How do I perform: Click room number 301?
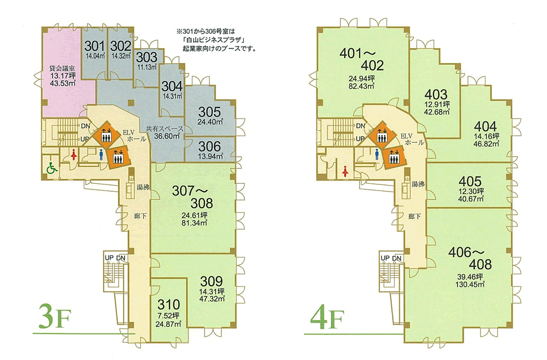(x=95, y=46)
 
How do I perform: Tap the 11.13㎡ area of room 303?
(x=147, y=67)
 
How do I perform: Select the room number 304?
(x=172, y=86)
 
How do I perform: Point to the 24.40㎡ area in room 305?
(x=209, y=122)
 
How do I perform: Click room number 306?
(x=209, y=146)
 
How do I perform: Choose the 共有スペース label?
(x=165, y=128)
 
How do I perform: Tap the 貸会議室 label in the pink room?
(x=62, y=68)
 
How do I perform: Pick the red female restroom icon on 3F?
(x=74, y=154)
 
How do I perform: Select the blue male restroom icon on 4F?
(x=377, y=153)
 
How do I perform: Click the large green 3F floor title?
(x=55, y=317)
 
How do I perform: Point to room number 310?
(x=168, y=305)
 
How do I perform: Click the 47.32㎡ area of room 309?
(x=212, y=299)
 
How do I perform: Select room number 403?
(x=436, y=95)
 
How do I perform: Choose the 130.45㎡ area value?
(x=470, y=285)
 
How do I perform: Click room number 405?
(x=470, y=181)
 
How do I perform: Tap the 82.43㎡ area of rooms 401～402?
(x=361, y=86)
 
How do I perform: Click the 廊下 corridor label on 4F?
(x=415, y=217)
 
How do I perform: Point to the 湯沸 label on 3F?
(x=144, y=188)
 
